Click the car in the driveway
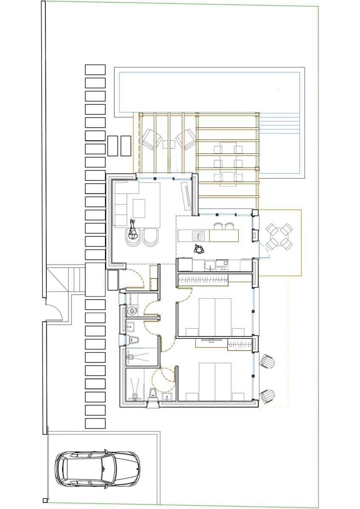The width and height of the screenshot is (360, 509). coord(97,469)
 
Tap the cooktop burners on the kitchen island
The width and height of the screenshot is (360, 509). coord(198,235)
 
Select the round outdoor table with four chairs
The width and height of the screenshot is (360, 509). coord(280,237)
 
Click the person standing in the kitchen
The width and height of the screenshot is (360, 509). coord(199,249)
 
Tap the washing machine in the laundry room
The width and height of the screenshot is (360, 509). coord(132,310)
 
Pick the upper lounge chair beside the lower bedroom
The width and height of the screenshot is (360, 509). coord(267,362)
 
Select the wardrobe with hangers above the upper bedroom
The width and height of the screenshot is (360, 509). coord(203,280)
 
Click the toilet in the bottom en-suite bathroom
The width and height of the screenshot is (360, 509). coord(153,393)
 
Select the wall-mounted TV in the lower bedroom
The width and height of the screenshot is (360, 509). coord(211,340)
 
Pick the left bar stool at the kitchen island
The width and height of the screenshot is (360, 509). coord(218,226)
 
